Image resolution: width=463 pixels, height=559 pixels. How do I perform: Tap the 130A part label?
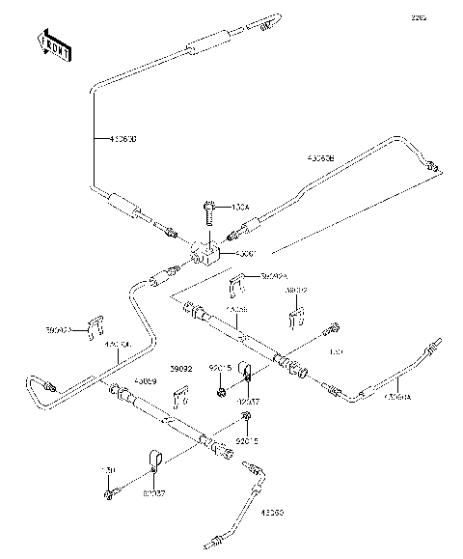(x=239, y=208)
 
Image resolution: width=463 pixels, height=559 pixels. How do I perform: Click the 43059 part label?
(x=146, y=381)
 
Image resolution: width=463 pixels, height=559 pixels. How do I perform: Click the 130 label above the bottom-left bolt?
(x=109, y=470)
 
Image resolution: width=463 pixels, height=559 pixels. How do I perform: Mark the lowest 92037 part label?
(x=153, y=492)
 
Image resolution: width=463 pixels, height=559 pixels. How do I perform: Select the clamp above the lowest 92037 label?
(x=154, y=458)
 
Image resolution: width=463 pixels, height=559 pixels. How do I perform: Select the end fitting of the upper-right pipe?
(x=435, y=166)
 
